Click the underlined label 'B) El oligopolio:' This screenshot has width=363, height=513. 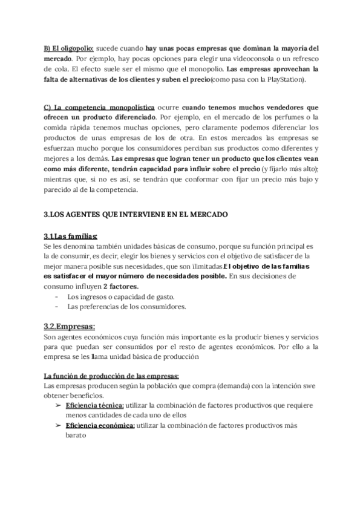pos(68,47)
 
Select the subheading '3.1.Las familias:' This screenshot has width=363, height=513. pos(71,236)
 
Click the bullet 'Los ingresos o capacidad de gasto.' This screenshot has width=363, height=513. pos(121,296)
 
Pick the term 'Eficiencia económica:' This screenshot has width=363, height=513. pos(100,425)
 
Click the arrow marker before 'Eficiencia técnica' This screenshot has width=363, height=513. pos(57,405)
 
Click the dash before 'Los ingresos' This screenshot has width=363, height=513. pos(56,296)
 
